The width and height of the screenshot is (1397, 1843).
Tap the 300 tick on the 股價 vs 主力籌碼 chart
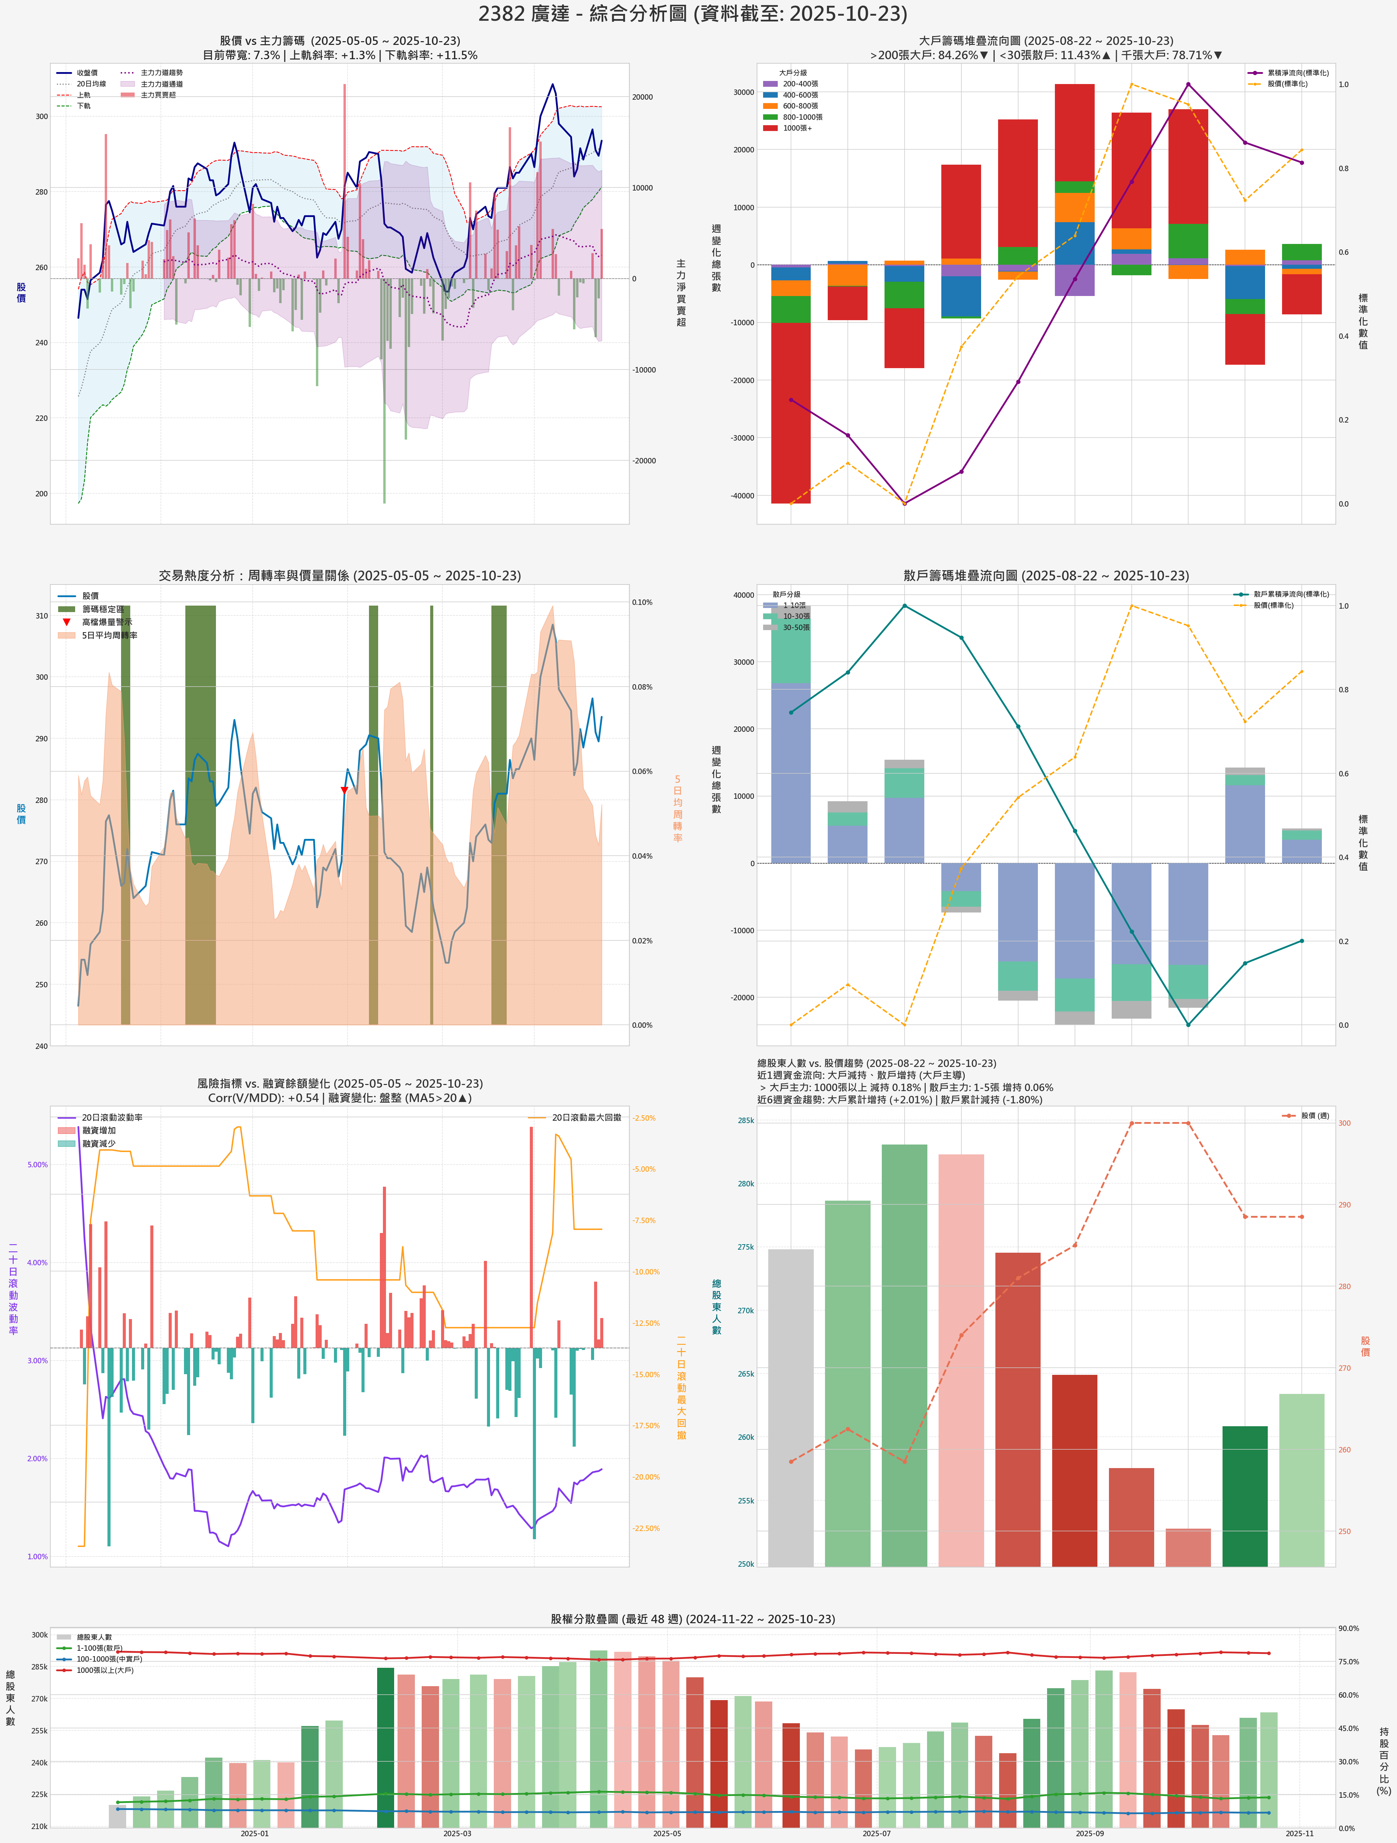click(41, 117)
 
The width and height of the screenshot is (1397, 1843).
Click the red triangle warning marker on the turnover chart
click(344, 790)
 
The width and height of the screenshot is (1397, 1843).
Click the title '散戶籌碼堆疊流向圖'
click(1045, 576)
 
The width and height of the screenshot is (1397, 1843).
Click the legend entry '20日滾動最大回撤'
click(586, 1117)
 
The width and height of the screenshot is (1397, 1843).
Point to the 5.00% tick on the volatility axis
click(37, 1165)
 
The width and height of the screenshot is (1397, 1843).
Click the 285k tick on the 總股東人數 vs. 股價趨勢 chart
click(745, 1121)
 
